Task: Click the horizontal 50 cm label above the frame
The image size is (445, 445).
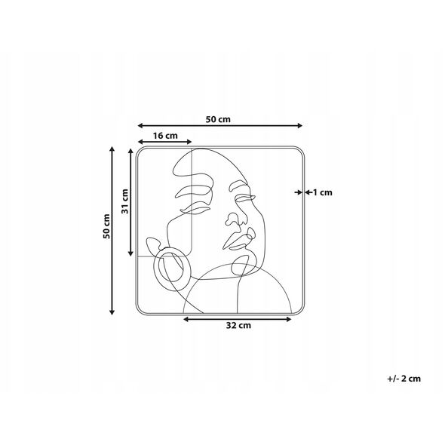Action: (x=218, y=119)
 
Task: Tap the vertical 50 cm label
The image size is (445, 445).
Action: (x=106, y=226)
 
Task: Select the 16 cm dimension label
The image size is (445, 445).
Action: (x=165, y=136)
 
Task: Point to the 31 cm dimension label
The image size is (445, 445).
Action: (x=125, y=201)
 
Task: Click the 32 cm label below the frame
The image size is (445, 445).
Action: (x=238, y=325)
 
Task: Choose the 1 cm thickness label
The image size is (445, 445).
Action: (x=322, y=192)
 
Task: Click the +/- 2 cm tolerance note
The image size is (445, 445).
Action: (x=404, y=379)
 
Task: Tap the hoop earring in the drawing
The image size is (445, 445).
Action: (x=172, y=269)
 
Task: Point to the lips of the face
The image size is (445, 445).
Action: (x=239, y=239)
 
